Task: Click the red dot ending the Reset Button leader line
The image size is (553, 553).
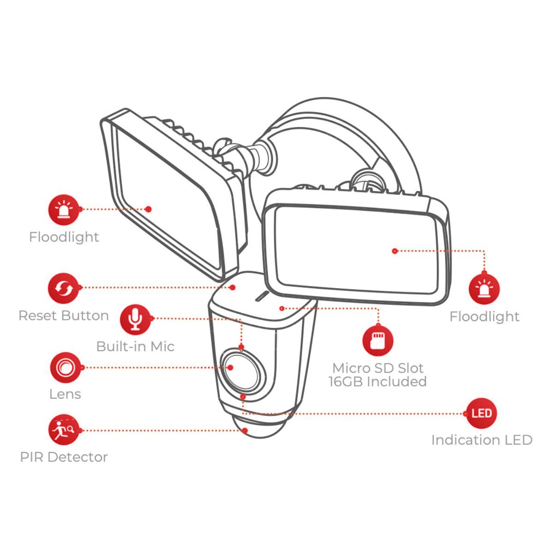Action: pyautogui.click(x=233, y=287)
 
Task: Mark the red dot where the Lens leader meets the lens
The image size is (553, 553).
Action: pyautogui.click(x=230, y=368)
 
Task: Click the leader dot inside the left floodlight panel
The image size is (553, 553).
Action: pyautogui.click(x=148, y=209)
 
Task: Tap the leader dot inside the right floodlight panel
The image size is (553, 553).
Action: pyautogui.click(x=395, y=251)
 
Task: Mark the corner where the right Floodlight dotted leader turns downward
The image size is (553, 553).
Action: pyautogui.click(x=484, y=251)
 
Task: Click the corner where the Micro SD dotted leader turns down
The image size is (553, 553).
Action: pyautogui.click(x=378, y=309)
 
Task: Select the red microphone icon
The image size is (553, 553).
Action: pyautogui.click(x=135, y=319)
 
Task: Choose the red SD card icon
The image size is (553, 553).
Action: pyautogui.click(x=378, y=341)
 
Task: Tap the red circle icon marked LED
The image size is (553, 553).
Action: pyautogui.click(x=482, y=413)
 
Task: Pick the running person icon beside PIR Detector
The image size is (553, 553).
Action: pyautogui.click(x=64, y=430)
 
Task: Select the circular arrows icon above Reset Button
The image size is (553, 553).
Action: pyautogui.click(x=64, y=288)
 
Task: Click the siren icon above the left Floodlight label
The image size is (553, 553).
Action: pyautogui.click(x=64, y=210)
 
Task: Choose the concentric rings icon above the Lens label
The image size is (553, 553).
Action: pyautogui.click(x=65, y=368)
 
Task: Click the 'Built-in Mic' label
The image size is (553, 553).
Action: pyautogui.click(x=135, y=347)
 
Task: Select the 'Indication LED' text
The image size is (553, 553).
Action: pyautogui.click(x=482, y=440)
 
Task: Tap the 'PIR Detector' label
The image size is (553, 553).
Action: pyautogui.click(x=64, y=457)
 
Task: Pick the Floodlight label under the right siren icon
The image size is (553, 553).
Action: pyautogui.click(x=484, y=317)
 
